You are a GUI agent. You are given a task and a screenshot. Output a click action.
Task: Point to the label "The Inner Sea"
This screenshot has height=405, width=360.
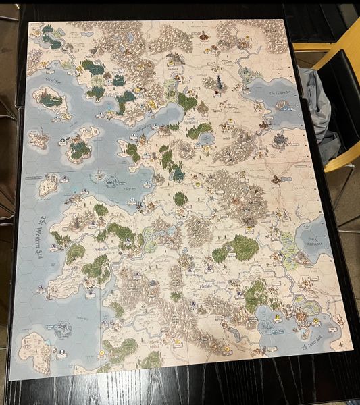(x=310, y=345)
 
